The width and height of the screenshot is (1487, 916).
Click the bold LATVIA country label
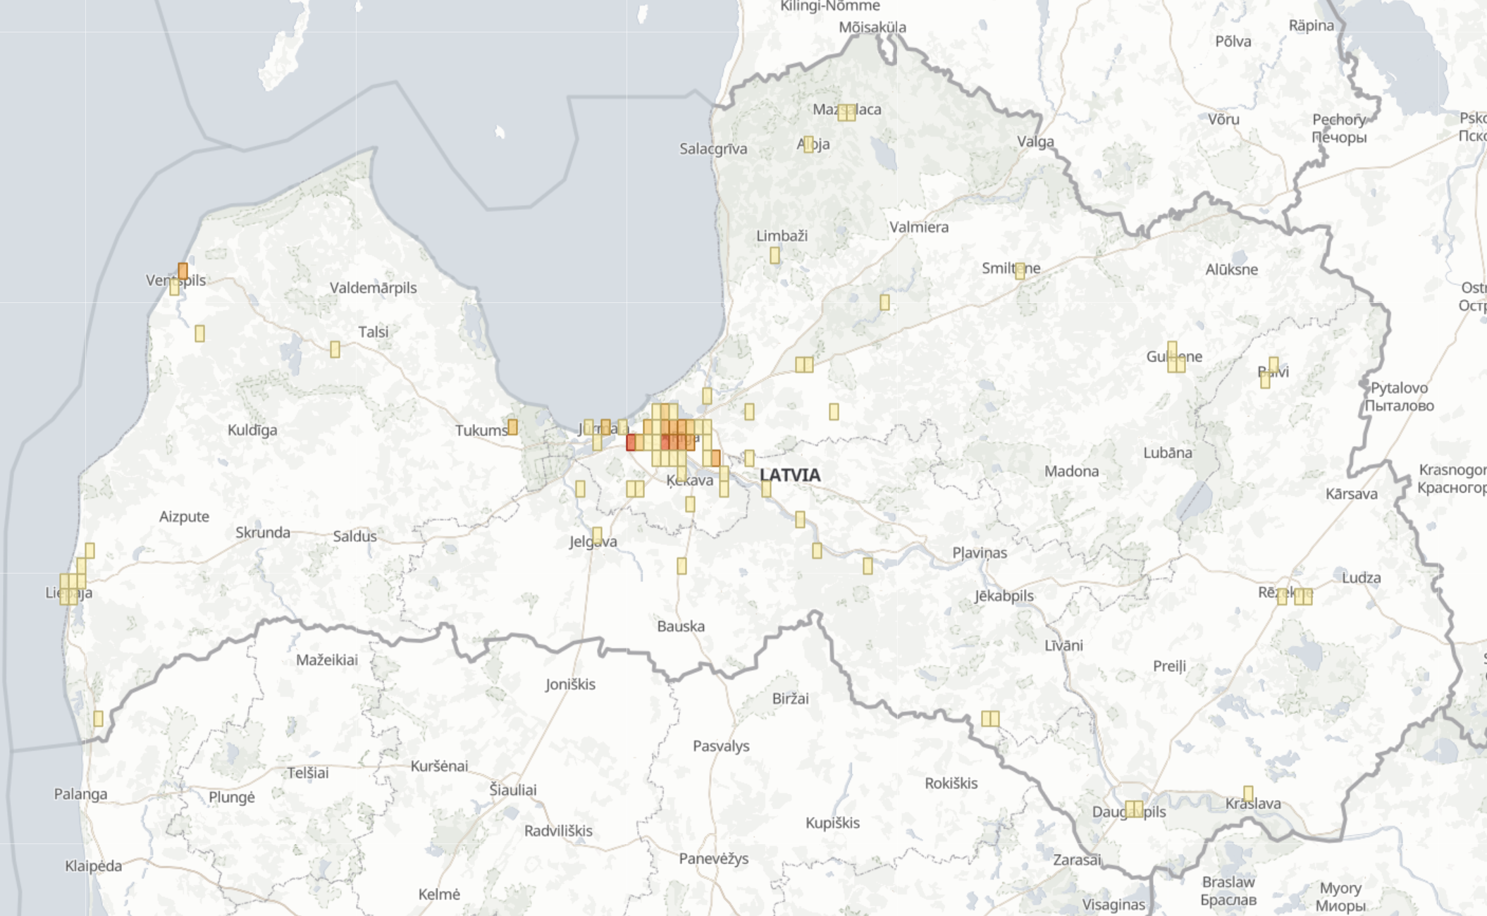(790, 475)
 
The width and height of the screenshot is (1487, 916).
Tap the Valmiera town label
(919, 227)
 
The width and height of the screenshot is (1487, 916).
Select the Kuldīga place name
(252, 430)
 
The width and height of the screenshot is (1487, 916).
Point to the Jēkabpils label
(1004, 595)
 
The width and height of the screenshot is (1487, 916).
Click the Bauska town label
(681, 626)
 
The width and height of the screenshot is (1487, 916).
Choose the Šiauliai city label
(513, 790)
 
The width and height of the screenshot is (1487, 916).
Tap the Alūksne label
(1231, 269)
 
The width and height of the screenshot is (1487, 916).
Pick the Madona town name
(1071, 471)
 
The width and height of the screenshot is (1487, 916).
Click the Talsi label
(373, 332)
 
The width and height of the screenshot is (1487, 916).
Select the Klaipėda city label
(93, 865)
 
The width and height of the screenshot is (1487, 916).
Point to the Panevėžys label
(713, 858)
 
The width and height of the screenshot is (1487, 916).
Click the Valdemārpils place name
(373, 287)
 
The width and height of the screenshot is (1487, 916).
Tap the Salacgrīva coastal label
(713, 149)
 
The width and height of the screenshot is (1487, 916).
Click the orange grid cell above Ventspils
(183, 271)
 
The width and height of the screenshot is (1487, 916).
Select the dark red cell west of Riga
(631, 442)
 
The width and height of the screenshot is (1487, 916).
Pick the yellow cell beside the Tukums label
(512, 427)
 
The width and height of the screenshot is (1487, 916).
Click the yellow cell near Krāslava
(1248, 794)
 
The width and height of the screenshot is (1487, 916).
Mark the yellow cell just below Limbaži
(775, 255)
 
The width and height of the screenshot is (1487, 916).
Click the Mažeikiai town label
(327, 660)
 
